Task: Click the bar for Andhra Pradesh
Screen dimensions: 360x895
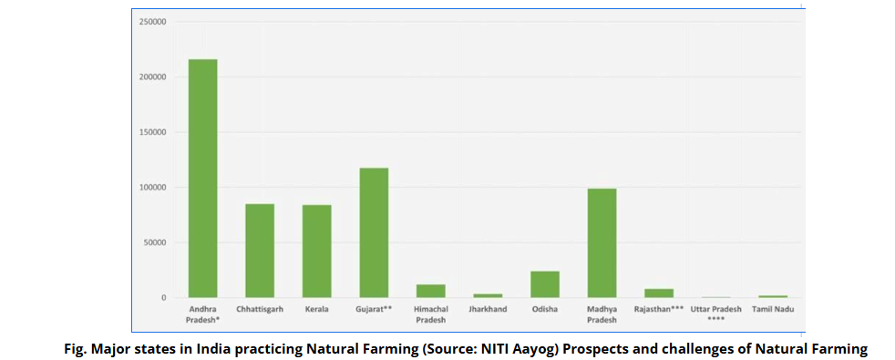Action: pyautogui.click(x=202, y=178)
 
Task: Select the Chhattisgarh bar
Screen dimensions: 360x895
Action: pyautogui.click(x=260, y=251)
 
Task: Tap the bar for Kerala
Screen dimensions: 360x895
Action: pyautogui.click(x=316, y=251)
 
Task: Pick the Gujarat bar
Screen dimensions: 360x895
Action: pyautogui.click(x=374, y=232)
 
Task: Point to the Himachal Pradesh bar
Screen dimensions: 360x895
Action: pyautogui.click(x=431, y=291)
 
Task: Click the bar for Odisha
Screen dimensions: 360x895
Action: pyautogui.click(x=545, y=284)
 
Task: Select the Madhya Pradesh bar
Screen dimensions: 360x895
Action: pyautogui.click(x=602, y=242)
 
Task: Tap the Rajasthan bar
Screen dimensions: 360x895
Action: pyautogui.click(x=659, y=293)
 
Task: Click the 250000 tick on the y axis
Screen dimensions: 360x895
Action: pyautogui.click(x=152, y=21)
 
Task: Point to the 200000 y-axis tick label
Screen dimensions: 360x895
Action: pyautogui.click(x=152, y=77)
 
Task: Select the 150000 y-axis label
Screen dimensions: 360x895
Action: pyautogui.click(x=152, y=132)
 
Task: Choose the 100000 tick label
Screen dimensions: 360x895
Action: pyautogui.click(x=152, y=187)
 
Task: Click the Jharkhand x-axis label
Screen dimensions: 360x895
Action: pyautogui.click(x=488, y=309)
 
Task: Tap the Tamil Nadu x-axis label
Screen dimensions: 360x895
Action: pyautogui.click(x=773, y=309)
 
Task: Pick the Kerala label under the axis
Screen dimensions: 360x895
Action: pyautogui.click(x=316, y=309)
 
